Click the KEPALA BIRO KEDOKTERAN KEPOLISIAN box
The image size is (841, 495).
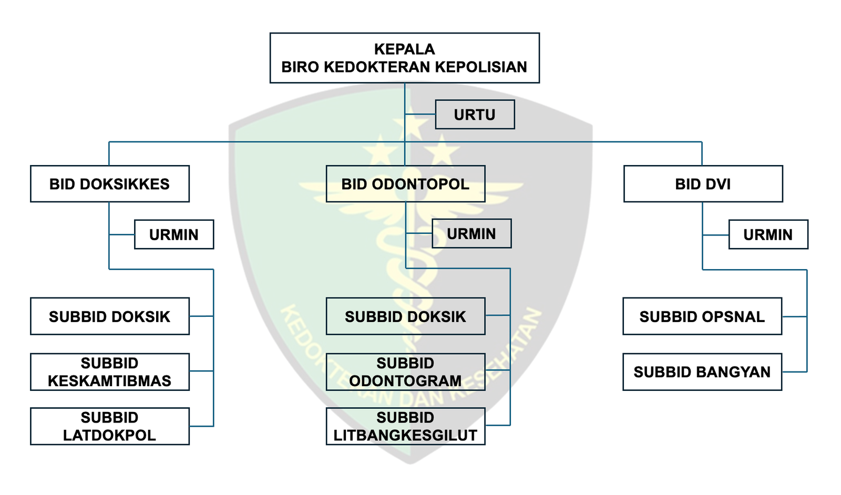tap(404, 58)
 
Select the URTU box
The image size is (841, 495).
tap(475, 115)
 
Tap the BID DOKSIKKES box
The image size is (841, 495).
tap(109, 184)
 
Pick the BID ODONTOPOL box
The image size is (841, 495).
tap(405, 184)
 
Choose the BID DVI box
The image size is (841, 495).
tap(703, 184)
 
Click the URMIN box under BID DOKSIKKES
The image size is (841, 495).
tap(174, 234)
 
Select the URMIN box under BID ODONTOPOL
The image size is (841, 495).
tap(471, 234)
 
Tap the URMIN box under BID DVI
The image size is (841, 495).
tap(768, 234)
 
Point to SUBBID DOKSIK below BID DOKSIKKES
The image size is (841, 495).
tap(109, 316)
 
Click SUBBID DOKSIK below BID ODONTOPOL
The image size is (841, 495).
tap(405, 316)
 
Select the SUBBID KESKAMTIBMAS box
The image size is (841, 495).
tap(109, 372)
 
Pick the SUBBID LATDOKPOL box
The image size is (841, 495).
tap(109, 426)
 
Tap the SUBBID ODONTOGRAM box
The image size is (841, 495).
tap(405, 372)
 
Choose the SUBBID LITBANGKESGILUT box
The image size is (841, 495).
tap(405, 426)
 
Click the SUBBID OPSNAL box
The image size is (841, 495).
tap(702, 316)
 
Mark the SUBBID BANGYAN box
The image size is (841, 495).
tap(702, 372)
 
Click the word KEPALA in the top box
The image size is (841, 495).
tap(404, 49)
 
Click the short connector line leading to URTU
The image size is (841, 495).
tap(420, 115)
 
